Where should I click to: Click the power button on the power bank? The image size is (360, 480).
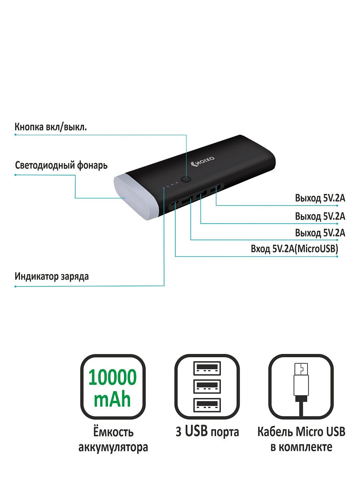point(186,180)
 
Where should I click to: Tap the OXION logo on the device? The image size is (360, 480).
point(202,161)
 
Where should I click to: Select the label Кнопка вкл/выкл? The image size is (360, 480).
point(51,127)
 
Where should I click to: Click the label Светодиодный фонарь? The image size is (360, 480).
point(61,166)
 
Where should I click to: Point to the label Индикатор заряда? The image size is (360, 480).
point(52,276)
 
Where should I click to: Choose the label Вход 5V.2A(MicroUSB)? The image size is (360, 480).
point(294,249)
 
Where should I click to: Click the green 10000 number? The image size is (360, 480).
point(112,377)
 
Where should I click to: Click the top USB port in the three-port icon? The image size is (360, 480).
point(207,368)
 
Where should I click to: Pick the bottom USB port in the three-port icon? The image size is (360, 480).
point(207,405)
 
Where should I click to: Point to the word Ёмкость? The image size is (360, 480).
point(113,432)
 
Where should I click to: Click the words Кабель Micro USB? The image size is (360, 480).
point(302,432)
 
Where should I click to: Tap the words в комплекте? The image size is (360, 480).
point(302,447)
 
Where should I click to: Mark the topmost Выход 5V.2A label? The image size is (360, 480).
point(320,198)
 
